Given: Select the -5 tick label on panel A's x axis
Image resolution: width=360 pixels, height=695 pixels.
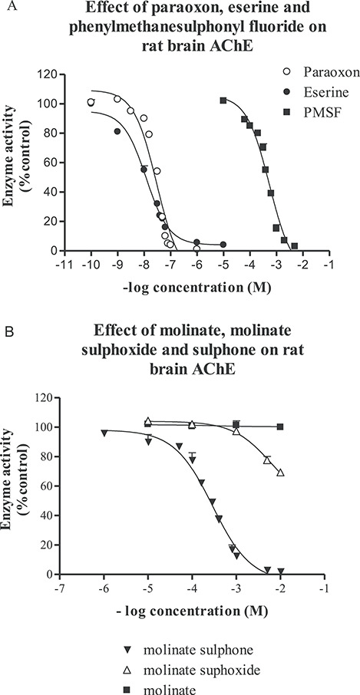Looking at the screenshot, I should tap(223, 265).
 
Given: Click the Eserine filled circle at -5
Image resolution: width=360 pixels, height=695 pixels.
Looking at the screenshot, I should tap(223, 245).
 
